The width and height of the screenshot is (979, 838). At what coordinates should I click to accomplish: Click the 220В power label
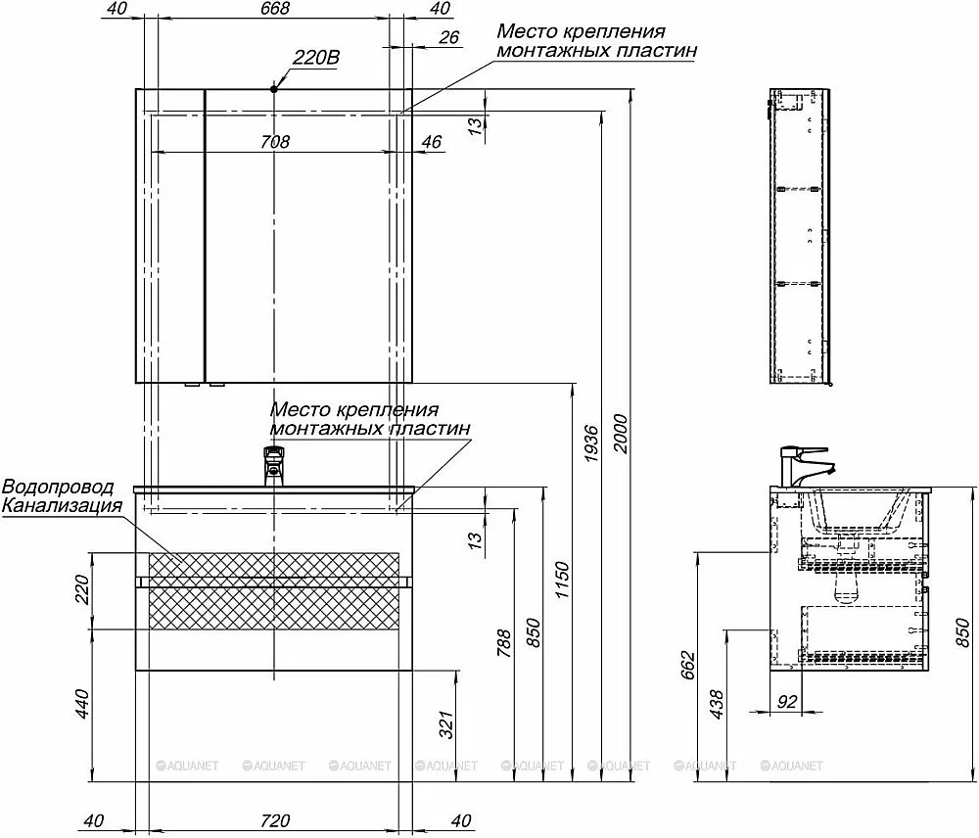316,58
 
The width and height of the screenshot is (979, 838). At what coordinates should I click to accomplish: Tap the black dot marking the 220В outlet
273,89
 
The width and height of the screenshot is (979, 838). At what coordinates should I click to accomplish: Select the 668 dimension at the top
275,8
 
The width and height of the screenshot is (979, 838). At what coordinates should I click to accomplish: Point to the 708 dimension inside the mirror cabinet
275,142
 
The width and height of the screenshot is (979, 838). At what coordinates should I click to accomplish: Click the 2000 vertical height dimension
620,434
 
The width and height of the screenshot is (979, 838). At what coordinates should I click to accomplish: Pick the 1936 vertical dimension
590,444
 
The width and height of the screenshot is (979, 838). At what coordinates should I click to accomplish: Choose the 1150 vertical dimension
562,580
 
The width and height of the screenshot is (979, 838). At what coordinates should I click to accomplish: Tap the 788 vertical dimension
503,643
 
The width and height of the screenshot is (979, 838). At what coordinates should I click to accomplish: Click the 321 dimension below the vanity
445,724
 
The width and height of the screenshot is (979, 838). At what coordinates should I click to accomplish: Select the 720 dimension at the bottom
275,820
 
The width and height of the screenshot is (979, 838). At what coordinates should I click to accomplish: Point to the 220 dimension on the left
82,589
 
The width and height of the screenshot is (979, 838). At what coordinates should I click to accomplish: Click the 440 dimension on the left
82,704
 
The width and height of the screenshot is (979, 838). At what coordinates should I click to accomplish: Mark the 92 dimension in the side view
787,701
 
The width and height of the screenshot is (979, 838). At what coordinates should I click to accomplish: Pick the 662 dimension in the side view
688,666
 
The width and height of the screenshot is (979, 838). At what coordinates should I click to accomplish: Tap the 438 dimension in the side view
717,704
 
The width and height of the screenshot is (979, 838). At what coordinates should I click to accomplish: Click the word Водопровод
59,487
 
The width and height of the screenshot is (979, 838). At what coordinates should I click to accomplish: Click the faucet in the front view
273,466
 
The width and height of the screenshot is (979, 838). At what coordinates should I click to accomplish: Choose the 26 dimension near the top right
449,37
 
